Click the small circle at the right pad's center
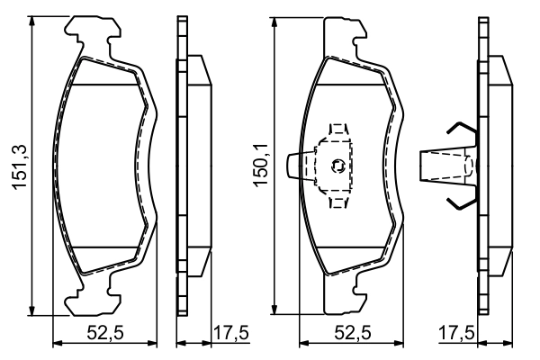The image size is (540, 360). (x=337, y=166)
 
